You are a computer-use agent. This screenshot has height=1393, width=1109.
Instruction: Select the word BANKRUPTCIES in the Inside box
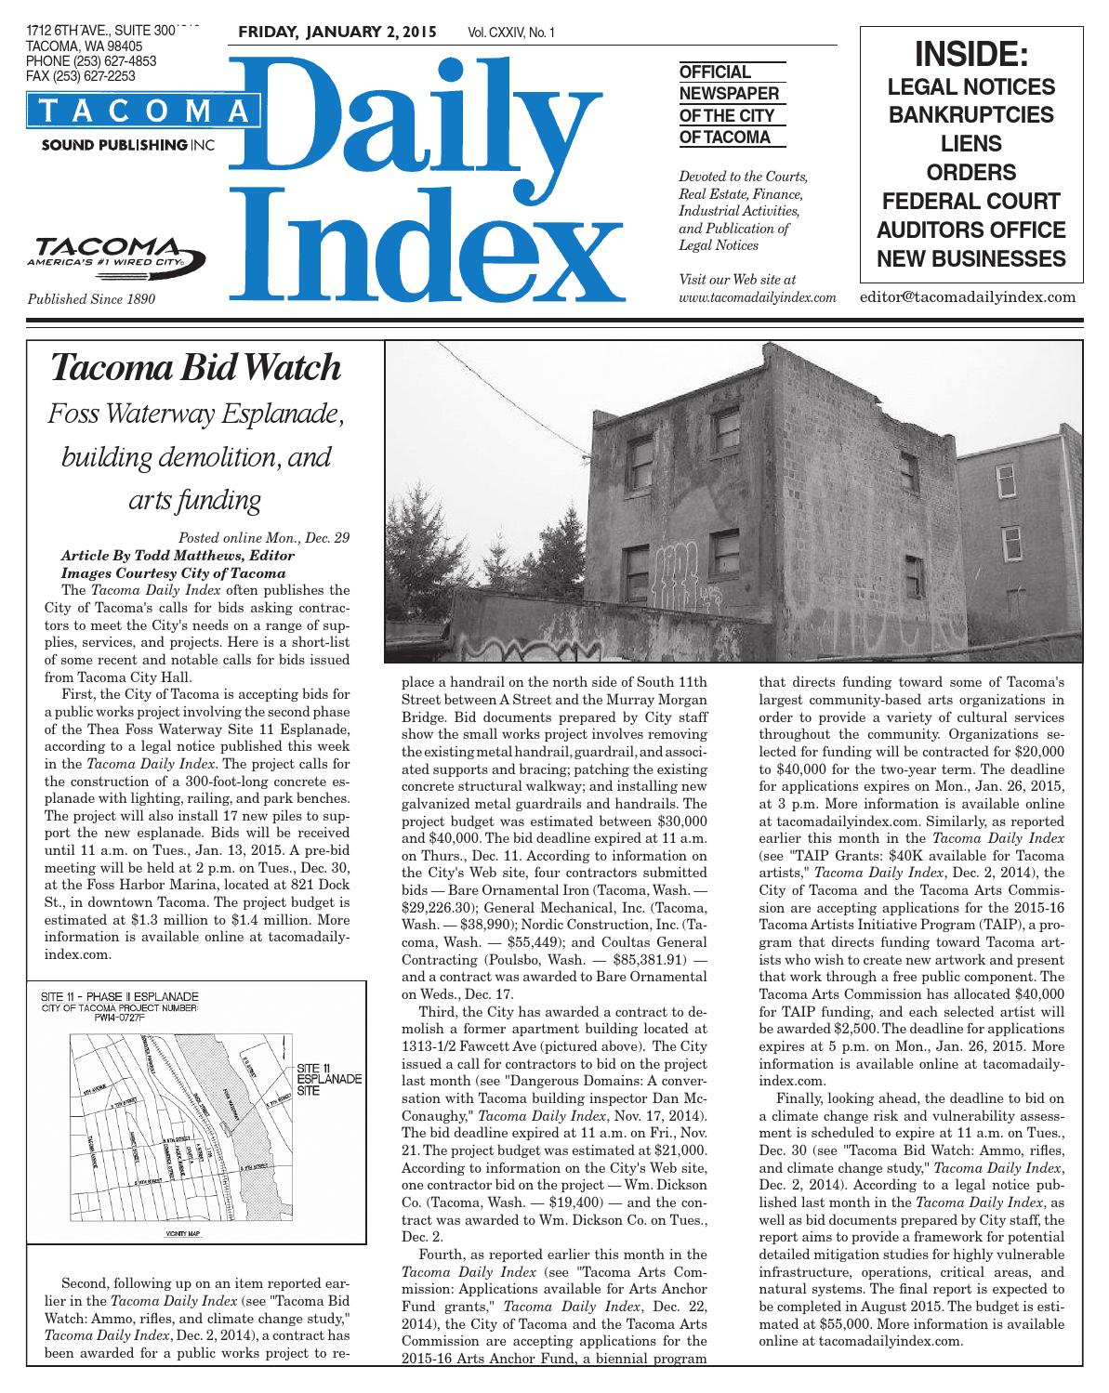click(971, 115)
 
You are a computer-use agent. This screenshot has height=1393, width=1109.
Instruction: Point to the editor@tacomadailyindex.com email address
click(968, 297)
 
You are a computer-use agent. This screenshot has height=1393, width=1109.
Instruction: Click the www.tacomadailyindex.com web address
click(759, 297)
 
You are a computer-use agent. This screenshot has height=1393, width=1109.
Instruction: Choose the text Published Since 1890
click(91, 300)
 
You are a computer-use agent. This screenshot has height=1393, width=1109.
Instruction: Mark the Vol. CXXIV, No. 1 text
click(511, 33)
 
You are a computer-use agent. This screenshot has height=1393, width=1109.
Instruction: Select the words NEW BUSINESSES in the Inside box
click(971, 257)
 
